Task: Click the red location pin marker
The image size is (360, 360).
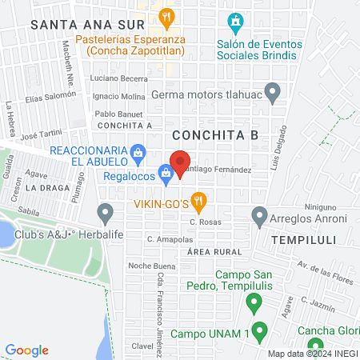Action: pos(180,161)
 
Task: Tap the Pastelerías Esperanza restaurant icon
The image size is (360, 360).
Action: pos(166,15)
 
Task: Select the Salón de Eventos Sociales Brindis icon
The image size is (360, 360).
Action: pos(234,20)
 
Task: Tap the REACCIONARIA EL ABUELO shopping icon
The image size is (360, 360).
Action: pos(138,152)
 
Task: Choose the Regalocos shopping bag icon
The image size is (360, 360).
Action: pos(165,171)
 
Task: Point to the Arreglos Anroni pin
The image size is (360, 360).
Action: pos(258,215)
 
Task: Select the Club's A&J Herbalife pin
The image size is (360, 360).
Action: pos(105,214)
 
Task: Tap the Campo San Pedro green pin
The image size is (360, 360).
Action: pos(254,302)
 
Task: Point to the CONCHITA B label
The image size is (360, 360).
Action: pos(214,135)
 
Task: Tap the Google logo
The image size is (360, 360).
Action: pos(26,350)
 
